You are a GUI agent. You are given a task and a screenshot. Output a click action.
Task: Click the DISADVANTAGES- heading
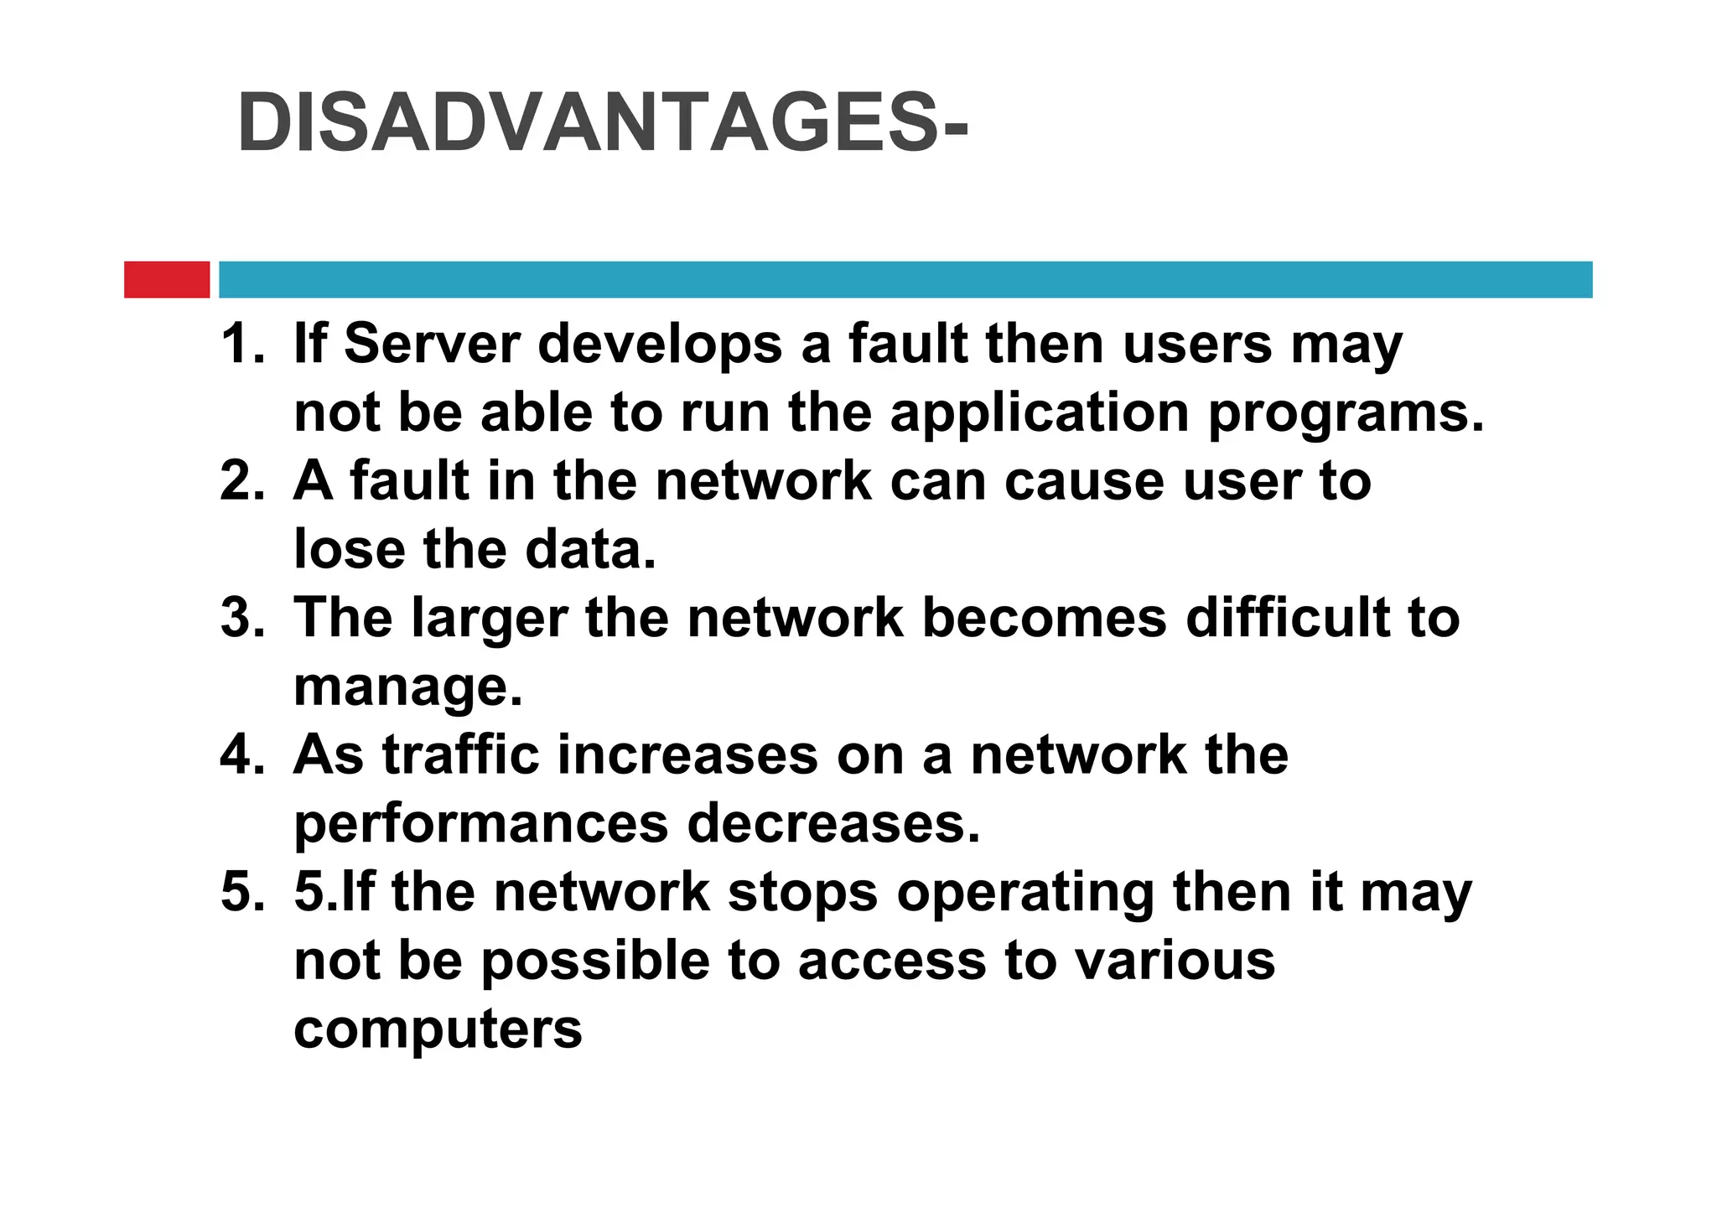tap(602, 124)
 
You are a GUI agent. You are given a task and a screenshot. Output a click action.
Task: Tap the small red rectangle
tap(167, 279)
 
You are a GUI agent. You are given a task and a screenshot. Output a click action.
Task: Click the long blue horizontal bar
tap(905, 279)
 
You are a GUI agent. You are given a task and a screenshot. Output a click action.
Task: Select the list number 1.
tap(241, 344)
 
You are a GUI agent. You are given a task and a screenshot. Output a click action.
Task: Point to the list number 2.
tap(241, 481)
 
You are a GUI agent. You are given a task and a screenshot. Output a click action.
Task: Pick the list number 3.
tap(241, 618)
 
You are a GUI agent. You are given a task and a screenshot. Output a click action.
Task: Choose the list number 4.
tap(241, 754)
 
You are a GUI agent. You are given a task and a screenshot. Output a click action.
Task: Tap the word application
tap(1040, 414)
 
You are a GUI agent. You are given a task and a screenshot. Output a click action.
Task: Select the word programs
tap(1345, 414)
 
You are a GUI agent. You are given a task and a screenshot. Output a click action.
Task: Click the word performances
tap(480, 825)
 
